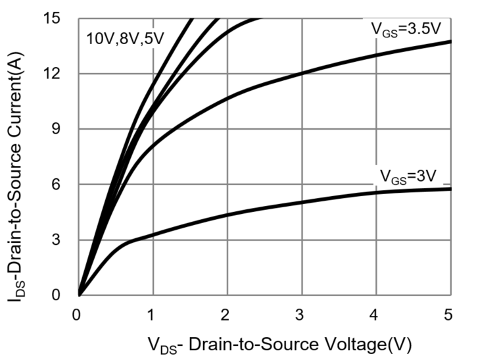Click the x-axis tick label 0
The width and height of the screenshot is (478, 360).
click(x=78, y=314)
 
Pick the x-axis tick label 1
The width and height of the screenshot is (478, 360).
click(x=153, y=314)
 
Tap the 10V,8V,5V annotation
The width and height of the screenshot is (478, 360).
click(x=123, y=38)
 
